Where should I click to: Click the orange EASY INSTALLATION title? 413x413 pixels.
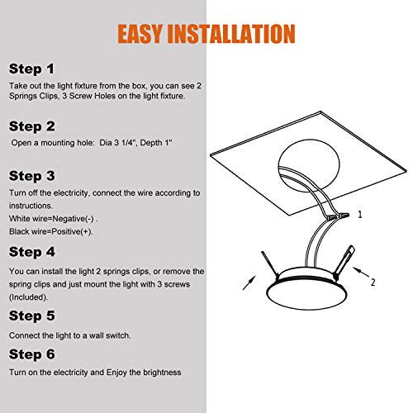coord(206,34)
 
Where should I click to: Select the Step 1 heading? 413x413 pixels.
coord(31,69)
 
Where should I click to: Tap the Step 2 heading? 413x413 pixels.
coord(32,126)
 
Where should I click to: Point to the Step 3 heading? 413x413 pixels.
coord(32,176)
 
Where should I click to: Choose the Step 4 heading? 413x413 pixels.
coord(32,252)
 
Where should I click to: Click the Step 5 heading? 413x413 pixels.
coord(32,316)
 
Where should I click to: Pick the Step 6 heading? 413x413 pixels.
coord(32,354)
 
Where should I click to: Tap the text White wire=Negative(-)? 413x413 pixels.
coord(54,219)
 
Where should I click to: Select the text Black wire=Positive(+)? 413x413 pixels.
coord(51,231)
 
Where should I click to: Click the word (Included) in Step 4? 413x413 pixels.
coord(28,297)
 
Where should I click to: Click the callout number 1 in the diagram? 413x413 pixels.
coord(360,215)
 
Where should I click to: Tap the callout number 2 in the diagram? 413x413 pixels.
coord(373,282)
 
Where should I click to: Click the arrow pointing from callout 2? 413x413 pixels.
coord(361,272)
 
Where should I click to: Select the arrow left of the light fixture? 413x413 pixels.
coord(249,282)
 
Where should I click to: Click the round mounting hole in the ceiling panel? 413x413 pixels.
coord(309,165)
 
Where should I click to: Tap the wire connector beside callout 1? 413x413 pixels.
coord(338,216)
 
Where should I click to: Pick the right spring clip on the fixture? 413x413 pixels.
coord(344,262)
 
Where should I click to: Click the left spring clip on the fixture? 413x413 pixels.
coord(270,264)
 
